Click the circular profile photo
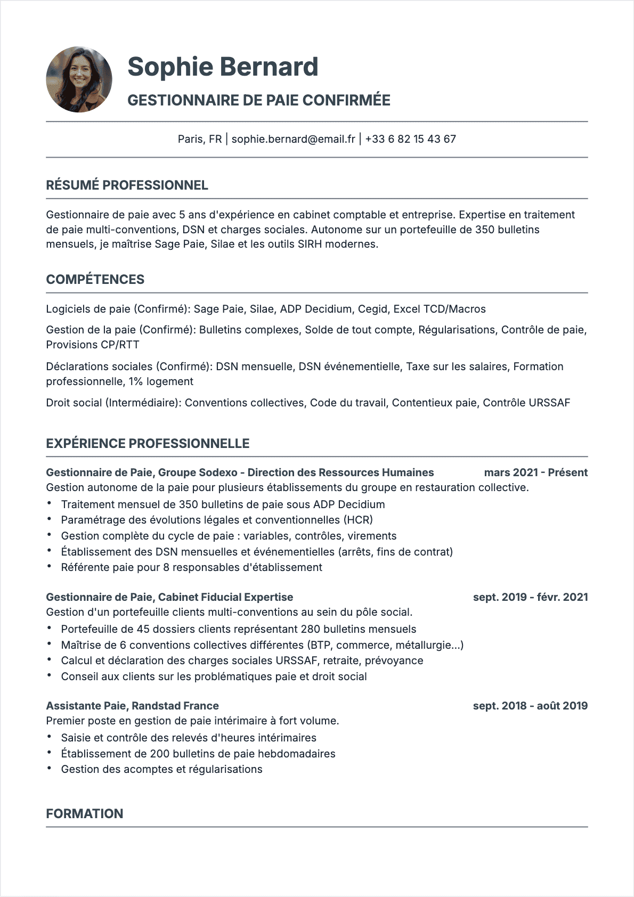[x=79, y=79]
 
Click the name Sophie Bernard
[x=223, y=67]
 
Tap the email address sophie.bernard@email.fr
[x=293, y=139]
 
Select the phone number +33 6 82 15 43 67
[x=410, y=139]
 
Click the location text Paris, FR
[x=199, y=139]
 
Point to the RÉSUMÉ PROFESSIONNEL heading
[x=127, y=185]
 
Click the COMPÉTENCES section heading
[x=95, y=280]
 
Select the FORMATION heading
[x=84, y=814]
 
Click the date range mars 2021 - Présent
[x=535, y=472]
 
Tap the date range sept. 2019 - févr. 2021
[x=530, y=597]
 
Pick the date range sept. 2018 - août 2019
[x=530, y=706]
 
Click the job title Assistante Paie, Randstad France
[x=132, y=706]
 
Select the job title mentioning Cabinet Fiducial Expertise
[x=169, y=597]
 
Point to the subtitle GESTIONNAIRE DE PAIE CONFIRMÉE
[x=259, y=100]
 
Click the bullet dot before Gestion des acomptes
[x=49, y=769]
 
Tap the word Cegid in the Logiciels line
[x=372, y=309]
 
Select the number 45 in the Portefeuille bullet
[x=143, y=629]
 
